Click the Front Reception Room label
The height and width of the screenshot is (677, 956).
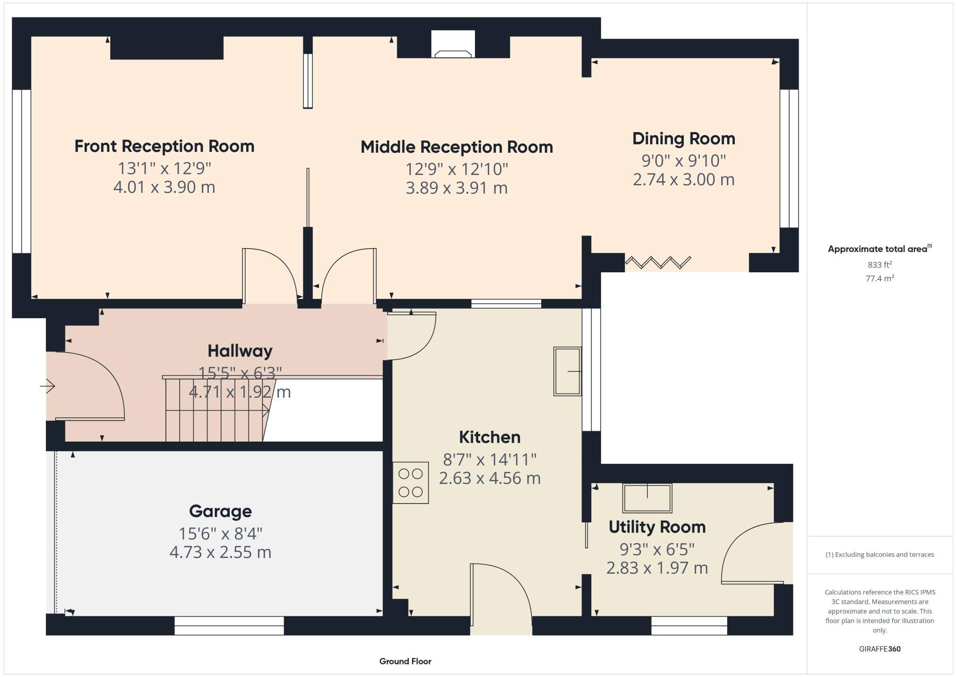pyautogui.click(x=164, y=146)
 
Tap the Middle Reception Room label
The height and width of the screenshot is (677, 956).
pyautogui.click(x=456, y=147)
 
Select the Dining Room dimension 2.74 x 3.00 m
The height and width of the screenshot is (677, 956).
pyautogui.click(x=683, y=180)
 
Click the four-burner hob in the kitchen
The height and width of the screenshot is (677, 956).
pyautogui.click(x=411, y=483)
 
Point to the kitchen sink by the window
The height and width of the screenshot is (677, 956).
pyautogui.click(x=567, y=372)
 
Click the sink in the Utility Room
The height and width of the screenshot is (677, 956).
pyautogui.click(x=647, y=498)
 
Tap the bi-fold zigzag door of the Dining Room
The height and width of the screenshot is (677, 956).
pyautogui.click(x=658, y=262)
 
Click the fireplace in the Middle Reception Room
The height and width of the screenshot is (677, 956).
pyautogui.click(x=453, y=45)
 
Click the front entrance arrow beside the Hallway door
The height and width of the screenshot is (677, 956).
pyautogui.click(x=48, y=386)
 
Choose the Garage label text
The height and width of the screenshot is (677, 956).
pyautogui.click(x=220, y=511)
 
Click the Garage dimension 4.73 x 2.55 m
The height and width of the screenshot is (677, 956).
pyautogui.click(x=220, y=552)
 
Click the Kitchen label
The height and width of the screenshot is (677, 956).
pyautogui.click(x=490, y=437)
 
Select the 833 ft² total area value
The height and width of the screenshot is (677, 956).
pyautogui.click(x=879, y=265)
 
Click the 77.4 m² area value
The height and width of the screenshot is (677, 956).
pyautogui.click(x=879, y=278)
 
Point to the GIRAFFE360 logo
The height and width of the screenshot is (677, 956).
pyautogui.click(x=879, y=649)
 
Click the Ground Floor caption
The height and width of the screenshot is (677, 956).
pyautogui.click(x=405, y=661)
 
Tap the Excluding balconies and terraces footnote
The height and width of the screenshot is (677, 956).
pyautogui.click(x=879, y=555)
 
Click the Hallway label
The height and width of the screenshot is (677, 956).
pyautogui.click(x=240, y=351)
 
